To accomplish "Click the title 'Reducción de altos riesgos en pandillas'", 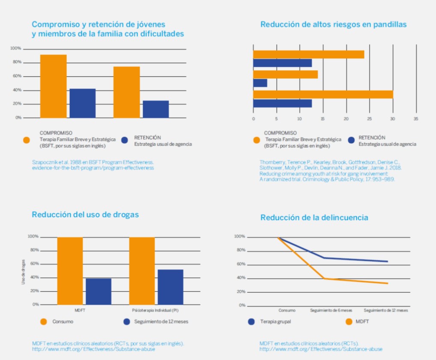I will (333, 24).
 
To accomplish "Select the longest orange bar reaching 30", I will (323, 94).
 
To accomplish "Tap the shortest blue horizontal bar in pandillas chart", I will (260, 83).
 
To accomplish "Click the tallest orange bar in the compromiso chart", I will (54, 86).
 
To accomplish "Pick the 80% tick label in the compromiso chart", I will (16, 62).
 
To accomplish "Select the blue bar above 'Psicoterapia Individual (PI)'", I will (170, 287).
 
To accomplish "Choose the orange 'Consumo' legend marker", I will (43, 321).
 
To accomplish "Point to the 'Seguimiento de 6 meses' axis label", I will (328, 310).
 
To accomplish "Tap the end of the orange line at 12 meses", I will (388, 283).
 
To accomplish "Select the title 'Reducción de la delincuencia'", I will (314, 217).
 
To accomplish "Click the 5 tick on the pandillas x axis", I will (276, 119).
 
